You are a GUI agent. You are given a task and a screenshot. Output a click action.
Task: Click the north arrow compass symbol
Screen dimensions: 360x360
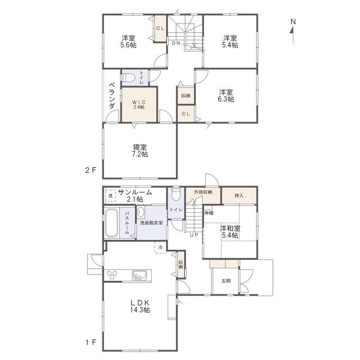[x=292, y=31]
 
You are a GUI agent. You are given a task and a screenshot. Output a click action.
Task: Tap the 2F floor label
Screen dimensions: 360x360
[x=91, y=170]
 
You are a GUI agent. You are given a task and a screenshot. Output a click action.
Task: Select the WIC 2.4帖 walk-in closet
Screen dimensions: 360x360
[x=139, y=105]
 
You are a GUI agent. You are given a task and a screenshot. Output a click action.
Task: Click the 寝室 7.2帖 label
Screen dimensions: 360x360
[x=140, y=151]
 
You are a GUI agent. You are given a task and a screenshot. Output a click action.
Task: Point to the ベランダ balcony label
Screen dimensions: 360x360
[x=112, y=96]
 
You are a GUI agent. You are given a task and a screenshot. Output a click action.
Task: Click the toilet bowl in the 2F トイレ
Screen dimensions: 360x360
[x=128, y=78]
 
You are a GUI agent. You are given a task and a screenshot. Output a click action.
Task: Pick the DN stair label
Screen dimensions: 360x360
[x=176, y=43]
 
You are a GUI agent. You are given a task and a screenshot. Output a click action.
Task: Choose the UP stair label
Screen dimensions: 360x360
[x=193, y=235]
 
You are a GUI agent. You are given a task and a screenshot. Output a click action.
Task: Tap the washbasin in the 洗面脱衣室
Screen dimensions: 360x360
[x=141, y=211]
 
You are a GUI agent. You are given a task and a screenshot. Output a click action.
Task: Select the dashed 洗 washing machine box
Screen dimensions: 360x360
[x=110, y=196]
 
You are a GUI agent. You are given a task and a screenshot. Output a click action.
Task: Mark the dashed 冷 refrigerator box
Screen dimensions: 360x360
[x=160, y=247]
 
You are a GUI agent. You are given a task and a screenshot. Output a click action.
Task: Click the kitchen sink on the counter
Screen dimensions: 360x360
[x=139, y=275]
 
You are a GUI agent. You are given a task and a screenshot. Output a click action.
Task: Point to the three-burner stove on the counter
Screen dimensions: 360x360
[x=112, y=275]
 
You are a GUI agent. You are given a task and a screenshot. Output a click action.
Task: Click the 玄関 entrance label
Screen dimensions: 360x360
[x=226, y=281]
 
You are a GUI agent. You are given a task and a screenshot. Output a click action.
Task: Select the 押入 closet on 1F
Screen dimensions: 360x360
[x=239, y=196]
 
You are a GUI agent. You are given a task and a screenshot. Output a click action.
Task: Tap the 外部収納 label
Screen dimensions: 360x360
[x=203, y=192]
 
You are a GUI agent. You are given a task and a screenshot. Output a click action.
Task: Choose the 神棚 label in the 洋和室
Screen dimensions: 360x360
[x=209, y=213]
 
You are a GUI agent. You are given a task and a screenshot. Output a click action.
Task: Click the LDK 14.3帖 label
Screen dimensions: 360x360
[x=140, y=306]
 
